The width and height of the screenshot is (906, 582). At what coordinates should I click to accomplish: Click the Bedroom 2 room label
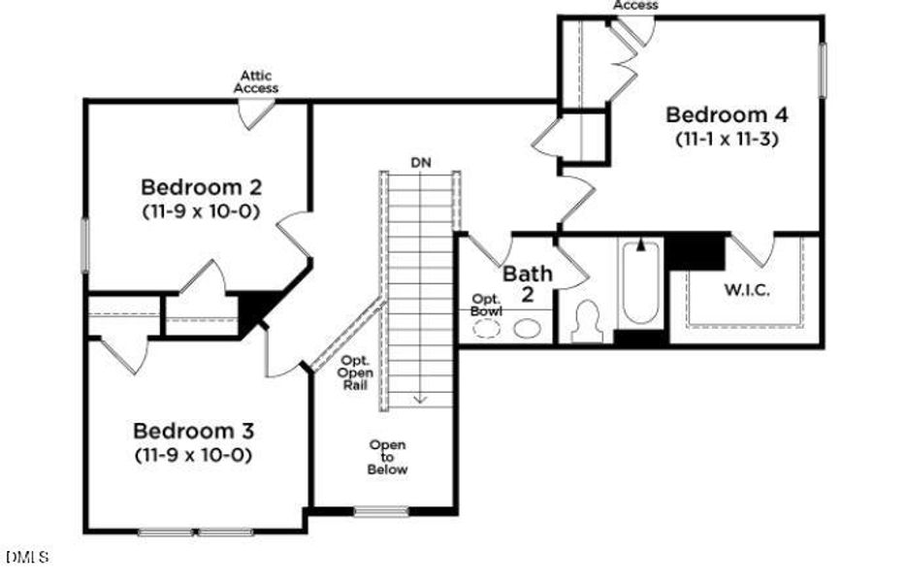(202, 186)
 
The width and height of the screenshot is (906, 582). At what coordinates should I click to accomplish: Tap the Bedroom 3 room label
(193, 430)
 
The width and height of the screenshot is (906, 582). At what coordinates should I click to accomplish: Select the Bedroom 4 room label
(727, 114)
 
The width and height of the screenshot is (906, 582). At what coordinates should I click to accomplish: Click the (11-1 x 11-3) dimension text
(727, 139)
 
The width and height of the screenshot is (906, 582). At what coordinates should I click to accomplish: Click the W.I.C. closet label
(747, 290)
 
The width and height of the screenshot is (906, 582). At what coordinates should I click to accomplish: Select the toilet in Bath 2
(588, 322)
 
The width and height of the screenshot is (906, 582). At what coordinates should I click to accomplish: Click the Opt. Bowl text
(486, 305)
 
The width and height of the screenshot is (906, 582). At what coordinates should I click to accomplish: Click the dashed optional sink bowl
(486, 329)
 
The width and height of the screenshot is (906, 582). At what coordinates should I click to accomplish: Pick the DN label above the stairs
(420, 161)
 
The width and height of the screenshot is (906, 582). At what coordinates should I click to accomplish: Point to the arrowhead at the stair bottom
(420, 398)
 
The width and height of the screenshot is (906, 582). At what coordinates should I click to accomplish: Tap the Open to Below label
(387, 457)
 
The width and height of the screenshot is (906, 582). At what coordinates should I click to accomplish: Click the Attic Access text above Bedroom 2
(256, 81)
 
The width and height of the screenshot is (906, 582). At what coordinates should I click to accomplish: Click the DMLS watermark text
(26, 557)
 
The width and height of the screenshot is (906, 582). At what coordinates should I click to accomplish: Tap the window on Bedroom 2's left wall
(84, 244)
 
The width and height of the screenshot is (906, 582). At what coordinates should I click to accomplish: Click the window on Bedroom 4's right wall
(824, 71)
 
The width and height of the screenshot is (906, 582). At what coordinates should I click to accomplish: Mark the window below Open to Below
(381, 511)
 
